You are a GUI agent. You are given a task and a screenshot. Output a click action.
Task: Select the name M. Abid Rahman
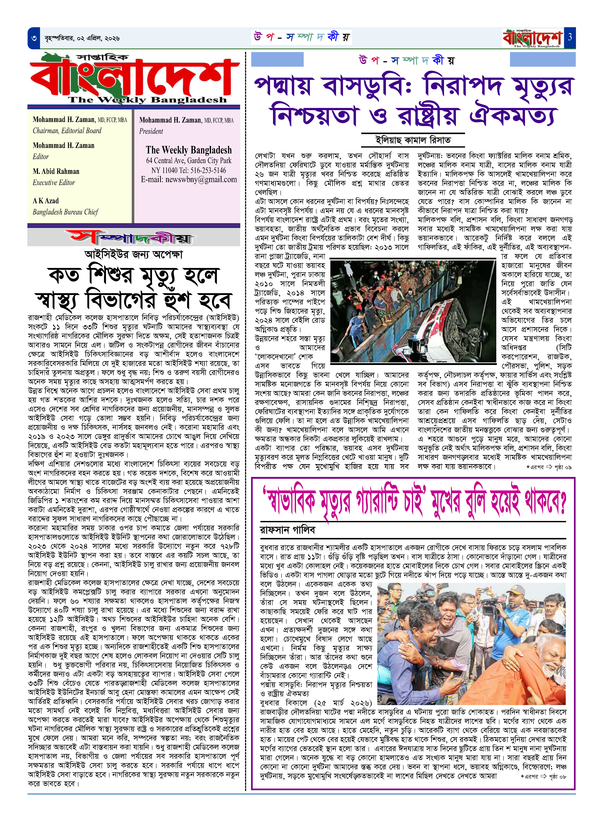click(56, 172)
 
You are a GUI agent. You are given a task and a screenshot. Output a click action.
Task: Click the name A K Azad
click(46, 201)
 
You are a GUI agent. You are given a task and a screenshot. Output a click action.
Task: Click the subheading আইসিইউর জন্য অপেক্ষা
click(134, 254)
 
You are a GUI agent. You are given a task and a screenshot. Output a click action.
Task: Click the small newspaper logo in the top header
click(532, 38)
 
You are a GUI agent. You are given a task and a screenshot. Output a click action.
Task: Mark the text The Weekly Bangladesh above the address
click(189, 150)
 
